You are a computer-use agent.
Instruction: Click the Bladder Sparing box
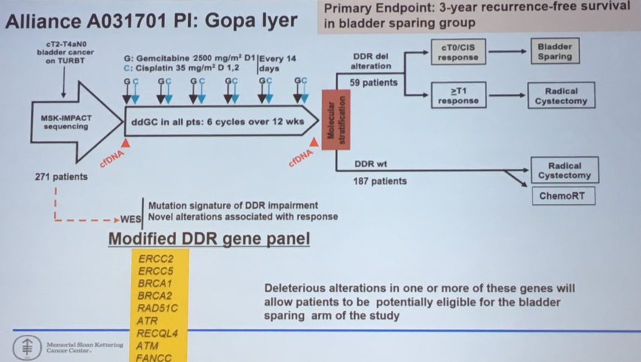(x=554, y=51)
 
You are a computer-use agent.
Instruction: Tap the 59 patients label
(x=373, y=83)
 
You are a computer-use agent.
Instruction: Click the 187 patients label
(x=380, y=181)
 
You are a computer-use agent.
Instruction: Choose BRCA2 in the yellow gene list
(x=155, y=295)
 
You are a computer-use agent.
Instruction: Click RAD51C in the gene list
(x=158, y=308)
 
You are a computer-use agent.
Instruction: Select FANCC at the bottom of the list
(x=155, y=357)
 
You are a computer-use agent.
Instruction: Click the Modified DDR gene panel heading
(x=209, y=239)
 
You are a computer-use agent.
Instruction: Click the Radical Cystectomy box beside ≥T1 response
(x=561, y=96)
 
